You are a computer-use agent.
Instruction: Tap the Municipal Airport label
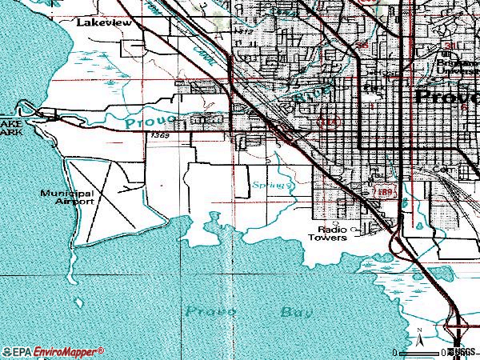69,197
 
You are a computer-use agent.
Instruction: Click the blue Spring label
268,185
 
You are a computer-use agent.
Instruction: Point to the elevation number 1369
159,136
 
